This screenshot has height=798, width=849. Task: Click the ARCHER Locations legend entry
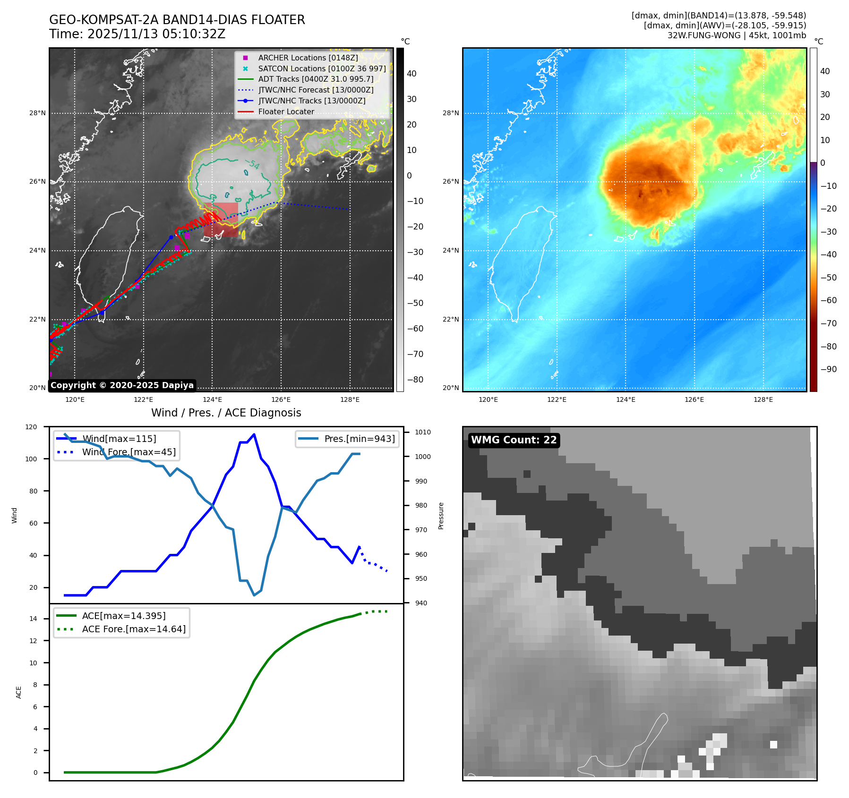pyautogui.click(x=308, y=58)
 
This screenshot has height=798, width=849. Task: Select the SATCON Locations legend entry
pyautogui.click(x=322, y=68)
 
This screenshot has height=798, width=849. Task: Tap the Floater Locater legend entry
pyautogui.click(x=286, y=111)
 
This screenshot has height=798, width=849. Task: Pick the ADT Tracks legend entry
pyautogui.click(x=316, y=79)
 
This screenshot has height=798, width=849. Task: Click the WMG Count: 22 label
pyautogui.click(x=514, y=440)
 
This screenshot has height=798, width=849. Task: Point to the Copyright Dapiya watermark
pyautogui.click(x=122, y=385)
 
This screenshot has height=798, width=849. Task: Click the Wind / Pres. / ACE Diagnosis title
pyautogui.click(x=226, y=413)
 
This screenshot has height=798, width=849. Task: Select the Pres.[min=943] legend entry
pyautogui.click(x=359, y=439)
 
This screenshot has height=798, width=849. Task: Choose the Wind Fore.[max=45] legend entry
pyautogui.click(x=129, y=452)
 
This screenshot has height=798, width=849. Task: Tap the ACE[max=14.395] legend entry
pyautogui.click(x=124, y=616)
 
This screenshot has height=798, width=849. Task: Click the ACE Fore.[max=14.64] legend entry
pyautogui.click(x=134, y=629)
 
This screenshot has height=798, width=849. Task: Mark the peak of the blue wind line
pyautogui.click(x=254, y=434)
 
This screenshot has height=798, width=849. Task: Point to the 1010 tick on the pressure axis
pyautogui.click(x=423, y=432)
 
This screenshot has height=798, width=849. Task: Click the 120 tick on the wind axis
pyautogui.click(x=31, y=427)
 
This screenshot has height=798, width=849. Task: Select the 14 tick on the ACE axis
pyautogui.click(x=33, y=619)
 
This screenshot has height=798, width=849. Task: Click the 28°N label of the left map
pyautogui.click(x=37, y=113)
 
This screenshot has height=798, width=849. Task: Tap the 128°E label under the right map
pyautogui.click(x=763, y=399)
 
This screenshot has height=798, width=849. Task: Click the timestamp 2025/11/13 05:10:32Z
pyautogui.click(x=156, y=34)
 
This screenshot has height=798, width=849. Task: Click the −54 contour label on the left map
pyautogui.click(x=252, y=164)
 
